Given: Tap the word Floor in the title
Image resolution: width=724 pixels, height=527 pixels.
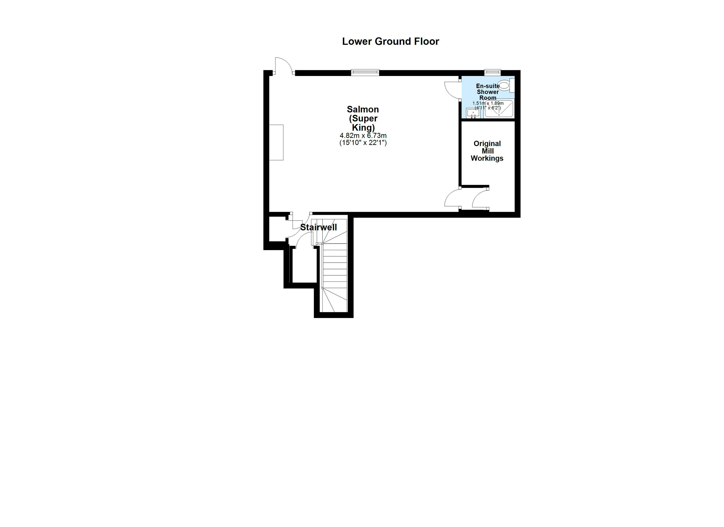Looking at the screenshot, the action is (x=427, y=41).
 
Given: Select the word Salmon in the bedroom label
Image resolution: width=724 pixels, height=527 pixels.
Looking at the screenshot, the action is (x=363, y=109).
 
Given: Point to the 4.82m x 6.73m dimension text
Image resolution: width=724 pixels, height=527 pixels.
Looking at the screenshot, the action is (x=363, y=135).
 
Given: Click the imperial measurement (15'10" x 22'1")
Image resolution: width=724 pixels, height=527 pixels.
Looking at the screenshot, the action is (x=363, y=143).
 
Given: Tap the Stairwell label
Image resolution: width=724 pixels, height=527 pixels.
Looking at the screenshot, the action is (x=319, y=227).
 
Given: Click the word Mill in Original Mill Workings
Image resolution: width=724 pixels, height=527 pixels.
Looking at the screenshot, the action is (x=487, y=151).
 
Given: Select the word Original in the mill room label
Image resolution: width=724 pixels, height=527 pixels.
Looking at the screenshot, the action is (x=487, y=143).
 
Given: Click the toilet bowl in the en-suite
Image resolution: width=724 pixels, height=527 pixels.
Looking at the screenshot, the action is (x=504, y=85).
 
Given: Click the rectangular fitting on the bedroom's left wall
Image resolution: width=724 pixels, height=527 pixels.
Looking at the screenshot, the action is (x=276, y=142).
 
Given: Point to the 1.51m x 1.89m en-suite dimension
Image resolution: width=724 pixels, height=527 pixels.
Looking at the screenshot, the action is (x=488, y=103).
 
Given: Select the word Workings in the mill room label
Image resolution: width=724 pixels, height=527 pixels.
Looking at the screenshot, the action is (x=487, y=158).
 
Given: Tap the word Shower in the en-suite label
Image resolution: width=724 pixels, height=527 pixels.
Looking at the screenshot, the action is (x=488, y=92).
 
